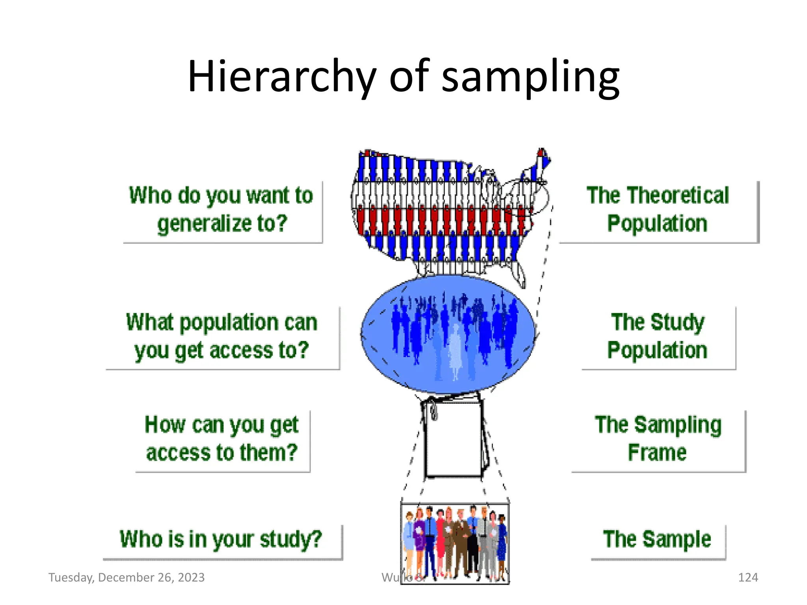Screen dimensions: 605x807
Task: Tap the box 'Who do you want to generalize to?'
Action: [222, 210]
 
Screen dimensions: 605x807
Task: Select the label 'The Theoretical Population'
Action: [658, 210]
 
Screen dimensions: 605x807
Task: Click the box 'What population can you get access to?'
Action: [222, 337]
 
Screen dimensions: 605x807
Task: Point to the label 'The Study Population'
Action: [658, 337]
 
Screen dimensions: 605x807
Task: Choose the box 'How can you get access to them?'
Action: [222, 439]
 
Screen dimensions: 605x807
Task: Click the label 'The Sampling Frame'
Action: [658, 439]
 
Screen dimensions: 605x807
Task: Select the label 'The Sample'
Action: [657, 540]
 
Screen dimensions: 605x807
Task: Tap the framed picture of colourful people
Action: [455, 544]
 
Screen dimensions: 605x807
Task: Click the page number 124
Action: [748, 577]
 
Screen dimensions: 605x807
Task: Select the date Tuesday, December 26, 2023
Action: [126, 577]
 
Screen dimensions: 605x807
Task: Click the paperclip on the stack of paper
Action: [433, 410]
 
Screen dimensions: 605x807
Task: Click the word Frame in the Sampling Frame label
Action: [657, 453]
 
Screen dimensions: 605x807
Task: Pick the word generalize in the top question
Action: [205, 224]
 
